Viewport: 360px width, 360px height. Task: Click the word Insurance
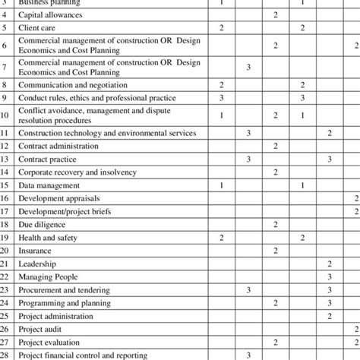35,250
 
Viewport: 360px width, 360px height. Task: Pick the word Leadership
37,263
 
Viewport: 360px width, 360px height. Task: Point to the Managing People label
46,276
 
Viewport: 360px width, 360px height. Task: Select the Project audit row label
42,329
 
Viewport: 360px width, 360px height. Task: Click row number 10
5,115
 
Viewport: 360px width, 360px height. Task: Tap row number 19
5,238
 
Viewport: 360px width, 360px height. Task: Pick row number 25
5,316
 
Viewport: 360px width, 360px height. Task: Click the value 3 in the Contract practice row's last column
329,159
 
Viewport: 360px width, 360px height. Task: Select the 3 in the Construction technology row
248,133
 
